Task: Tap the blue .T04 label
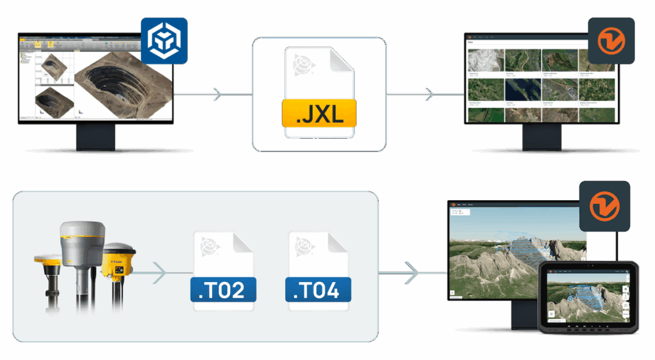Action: click(x=317, y=289)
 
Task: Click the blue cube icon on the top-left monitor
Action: click(x=164, y=40)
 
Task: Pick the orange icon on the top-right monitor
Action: click(x=611, y=40)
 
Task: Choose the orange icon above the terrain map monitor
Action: click(x=601, y=204)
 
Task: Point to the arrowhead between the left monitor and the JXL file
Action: click(x=217, y=95)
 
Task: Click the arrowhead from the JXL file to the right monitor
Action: click(x=430, y=95)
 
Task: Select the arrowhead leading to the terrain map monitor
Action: click(x=413, y=273)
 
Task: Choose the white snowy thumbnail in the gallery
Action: click(x=484, y=60)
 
